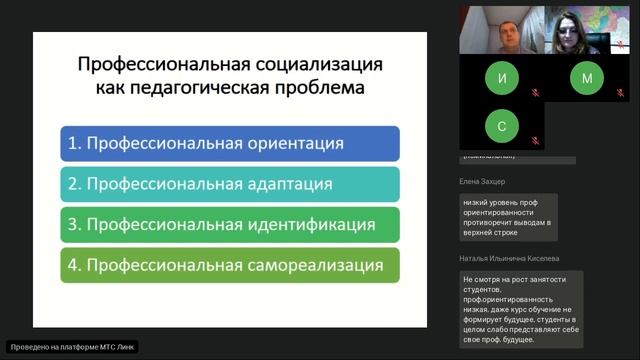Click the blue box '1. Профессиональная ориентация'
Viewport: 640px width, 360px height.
(x=230, y=143)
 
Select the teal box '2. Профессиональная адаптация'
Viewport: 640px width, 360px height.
(x=230, y=184)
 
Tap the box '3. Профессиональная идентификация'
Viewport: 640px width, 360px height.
(x=230, y=224)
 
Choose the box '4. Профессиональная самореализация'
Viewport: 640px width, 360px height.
(x=230, y=265)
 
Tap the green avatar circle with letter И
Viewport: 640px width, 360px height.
(x=501, y=78)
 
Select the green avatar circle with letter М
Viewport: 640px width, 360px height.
(x=587, y=78)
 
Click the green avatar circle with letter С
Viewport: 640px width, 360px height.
(x=501, y=126)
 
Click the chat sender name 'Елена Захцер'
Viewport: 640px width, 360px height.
(x=482, y=181)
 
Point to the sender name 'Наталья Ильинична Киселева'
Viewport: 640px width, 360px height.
(x=509, y=257)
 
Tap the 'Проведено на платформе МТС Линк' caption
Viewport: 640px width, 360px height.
(x=72, y=347)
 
